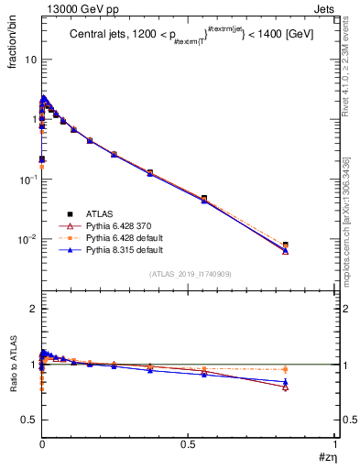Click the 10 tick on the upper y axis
(29, 60)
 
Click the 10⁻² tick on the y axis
(27, 240)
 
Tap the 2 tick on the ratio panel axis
(32, 310)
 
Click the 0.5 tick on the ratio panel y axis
(29, 420)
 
